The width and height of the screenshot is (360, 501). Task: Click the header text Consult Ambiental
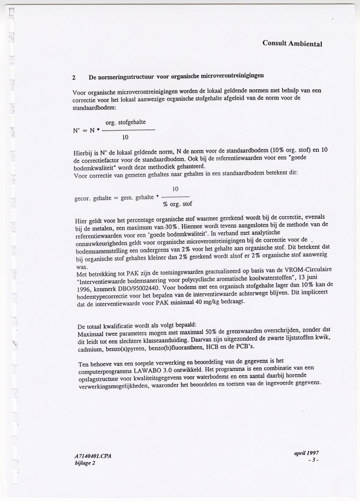[292, 43]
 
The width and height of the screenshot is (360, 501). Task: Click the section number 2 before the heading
[74, 78]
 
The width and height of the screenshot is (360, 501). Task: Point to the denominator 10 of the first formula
[125, 138]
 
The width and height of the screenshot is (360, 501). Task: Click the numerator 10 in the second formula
[175, 189]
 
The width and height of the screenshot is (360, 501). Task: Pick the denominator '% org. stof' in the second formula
[177, 204]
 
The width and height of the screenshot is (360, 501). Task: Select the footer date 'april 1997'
[306, 453]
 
